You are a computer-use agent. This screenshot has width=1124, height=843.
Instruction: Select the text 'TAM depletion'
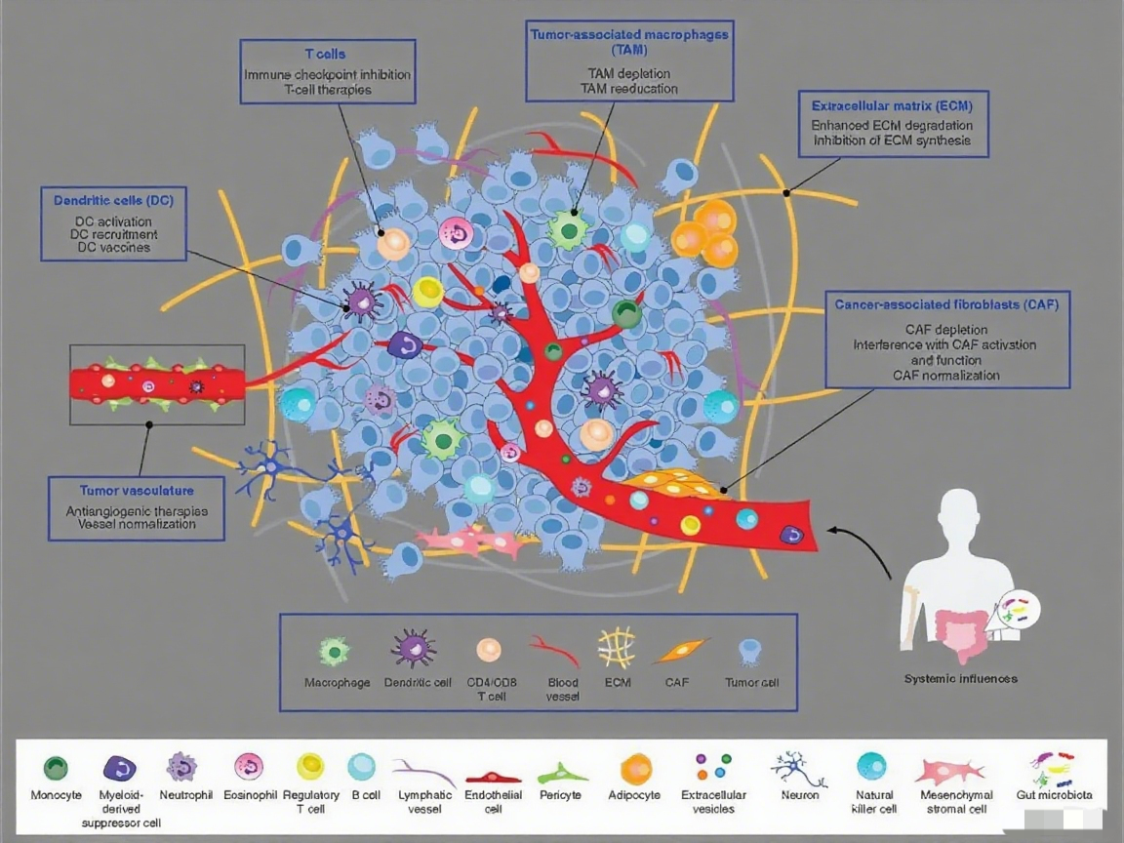click(x=629, y=73)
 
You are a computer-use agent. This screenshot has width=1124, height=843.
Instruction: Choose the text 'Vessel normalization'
click(x=137, y=524)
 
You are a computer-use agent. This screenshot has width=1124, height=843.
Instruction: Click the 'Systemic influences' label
click(x=960, y=678)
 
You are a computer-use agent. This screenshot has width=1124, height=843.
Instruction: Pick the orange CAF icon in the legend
click(x=677, y=649)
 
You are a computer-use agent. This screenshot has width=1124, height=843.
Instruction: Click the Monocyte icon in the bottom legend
click(x=56, y=767)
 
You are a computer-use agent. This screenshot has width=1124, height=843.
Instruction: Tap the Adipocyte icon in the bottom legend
click(x=635, y=768)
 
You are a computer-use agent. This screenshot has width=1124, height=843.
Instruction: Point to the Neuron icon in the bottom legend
click(x=798, y=768)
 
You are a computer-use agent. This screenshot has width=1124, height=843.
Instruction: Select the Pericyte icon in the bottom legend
click(x=563, y=774)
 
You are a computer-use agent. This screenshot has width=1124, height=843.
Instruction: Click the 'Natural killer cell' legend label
click(x=874, y=801)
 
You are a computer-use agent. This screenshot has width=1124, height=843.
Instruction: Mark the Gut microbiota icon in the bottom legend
click(x=1054, y=768)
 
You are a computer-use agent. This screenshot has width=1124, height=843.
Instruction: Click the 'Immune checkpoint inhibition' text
click(x=327, y=75)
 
